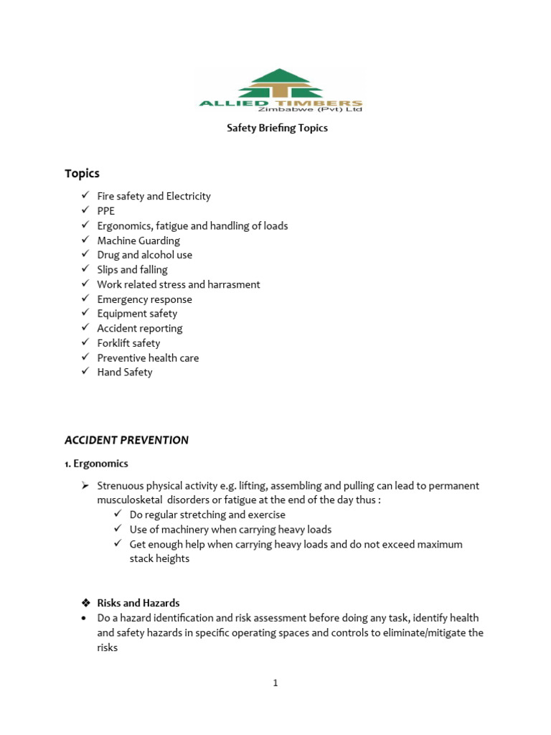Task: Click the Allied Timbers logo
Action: point(281,90)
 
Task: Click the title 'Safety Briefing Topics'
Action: point(277,128)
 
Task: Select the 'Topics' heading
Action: point(82,173)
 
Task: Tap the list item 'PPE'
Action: point(105,211)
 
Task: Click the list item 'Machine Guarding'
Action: point(138,240)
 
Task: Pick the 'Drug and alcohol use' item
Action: point(144,255)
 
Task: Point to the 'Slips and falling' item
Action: point(132,270)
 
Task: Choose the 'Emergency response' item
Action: point(144,299)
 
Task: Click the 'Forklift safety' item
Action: point(128,343)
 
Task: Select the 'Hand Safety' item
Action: point(125,373)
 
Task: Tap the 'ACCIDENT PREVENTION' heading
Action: point(126,440)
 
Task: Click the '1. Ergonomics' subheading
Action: point(96,464)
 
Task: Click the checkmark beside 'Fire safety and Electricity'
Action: point(85,196)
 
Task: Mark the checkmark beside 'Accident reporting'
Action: point(85,328)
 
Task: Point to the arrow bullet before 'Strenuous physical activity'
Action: point(85,486)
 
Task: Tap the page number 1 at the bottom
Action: point(275,683)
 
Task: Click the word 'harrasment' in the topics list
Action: point(234,284)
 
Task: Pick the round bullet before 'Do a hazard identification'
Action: point(85,618)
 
